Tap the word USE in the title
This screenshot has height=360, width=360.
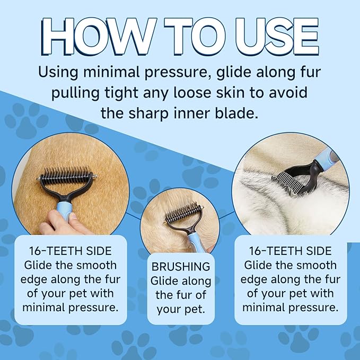click(x=277, y=37)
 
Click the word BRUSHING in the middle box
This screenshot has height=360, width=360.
click(x=181, y=267)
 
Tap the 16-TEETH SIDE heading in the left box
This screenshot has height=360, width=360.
click(x=71, y=251)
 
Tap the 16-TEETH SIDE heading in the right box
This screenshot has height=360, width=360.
click(x=291, y=251)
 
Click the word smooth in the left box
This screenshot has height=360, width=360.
click(x=96, y=266)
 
